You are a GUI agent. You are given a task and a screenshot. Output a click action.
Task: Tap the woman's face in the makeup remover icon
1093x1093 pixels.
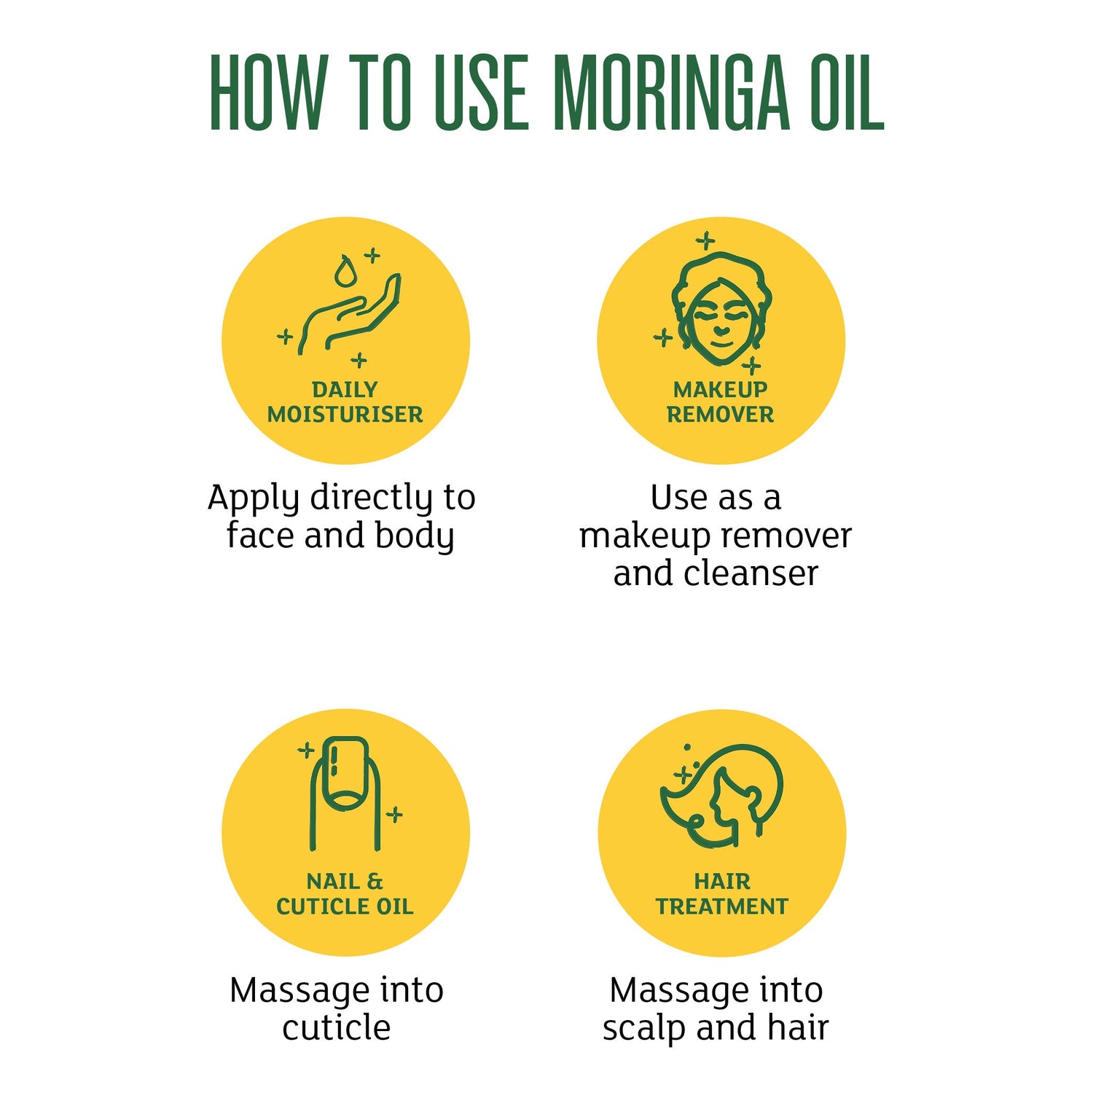[721, 321]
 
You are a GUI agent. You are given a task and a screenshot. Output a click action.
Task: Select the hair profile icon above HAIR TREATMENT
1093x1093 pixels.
[721, 795]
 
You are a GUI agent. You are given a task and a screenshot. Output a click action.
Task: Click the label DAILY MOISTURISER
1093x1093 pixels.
[345, 401]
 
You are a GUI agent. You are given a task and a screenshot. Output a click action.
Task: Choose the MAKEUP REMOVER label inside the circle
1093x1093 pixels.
[720, 401]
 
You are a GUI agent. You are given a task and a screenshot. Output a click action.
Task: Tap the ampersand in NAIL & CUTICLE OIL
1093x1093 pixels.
[375, 882]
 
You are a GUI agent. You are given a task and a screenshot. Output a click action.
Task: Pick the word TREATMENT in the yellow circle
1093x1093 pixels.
[721, 906]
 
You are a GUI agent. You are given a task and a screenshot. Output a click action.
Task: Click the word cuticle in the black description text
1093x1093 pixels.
[337, 1027]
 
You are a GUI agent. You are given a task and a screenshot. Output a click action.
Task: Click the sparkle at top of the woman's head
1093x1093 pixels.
[705, 240]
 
